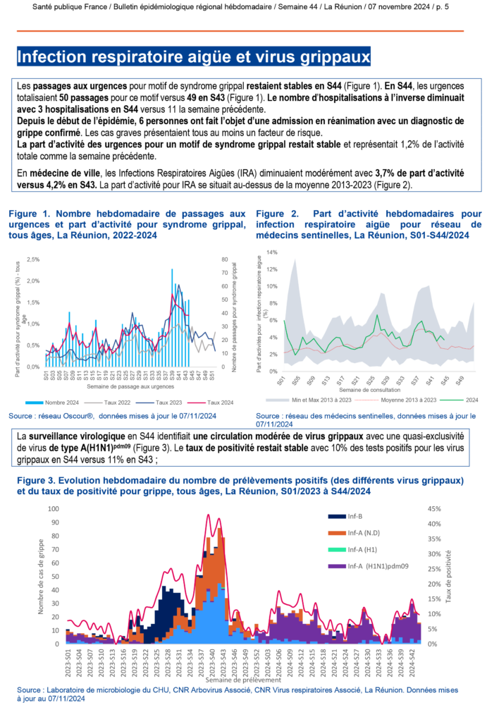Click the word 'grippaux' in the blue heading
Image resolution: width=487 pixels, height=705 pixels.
point(331,57)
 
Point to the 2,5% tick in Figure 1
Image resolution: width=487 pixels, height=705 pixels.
point(34,259)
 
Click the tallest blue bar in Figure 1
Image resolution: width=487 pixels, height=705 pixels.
point(172,269)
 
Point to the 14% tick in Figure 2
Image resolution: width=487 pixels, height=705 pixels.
point(272,252)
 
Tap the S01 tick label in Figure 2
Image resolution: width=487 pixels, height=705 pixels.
point(282,380)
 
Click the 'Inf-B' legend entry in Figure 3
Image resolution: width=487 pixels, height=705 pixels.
point(357,516)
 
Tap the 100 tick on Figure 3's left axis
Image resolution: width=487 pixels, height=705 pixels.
point(53,509)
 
